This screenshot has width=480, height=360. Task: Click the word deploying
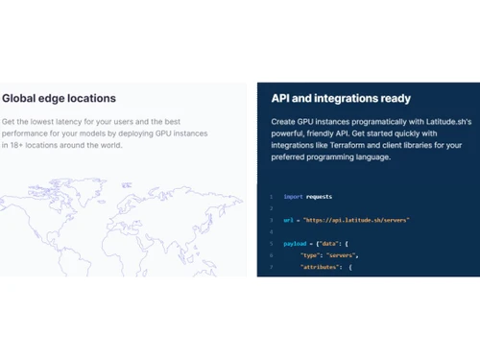(x=141, y=135)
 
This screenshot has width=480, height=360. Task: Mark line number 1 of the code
(x=272, y=197)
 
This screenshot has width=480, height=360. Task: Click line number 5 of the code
(x=272, y=245)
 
